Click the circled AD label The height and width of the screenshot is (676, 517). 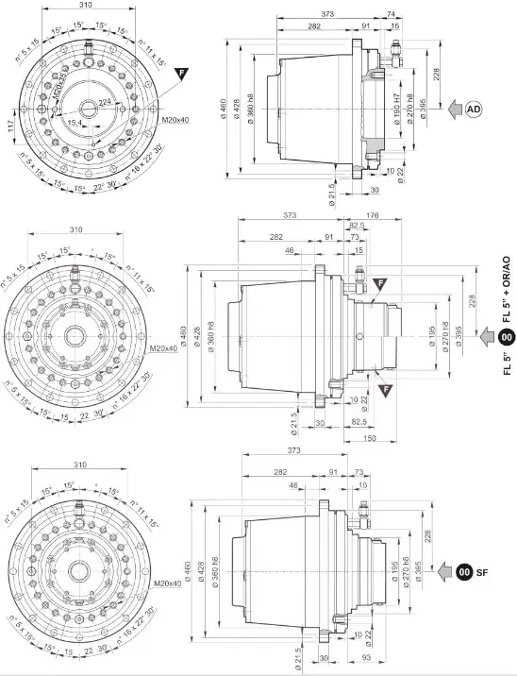pyautogui.click(x=476, y=110)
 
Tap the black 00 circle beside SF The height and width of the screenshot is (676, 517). pyautogui.click(x=463, y=570)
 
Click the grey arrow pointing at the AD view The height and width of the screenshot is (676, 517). pyautogui.click(x=452, y=110)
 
